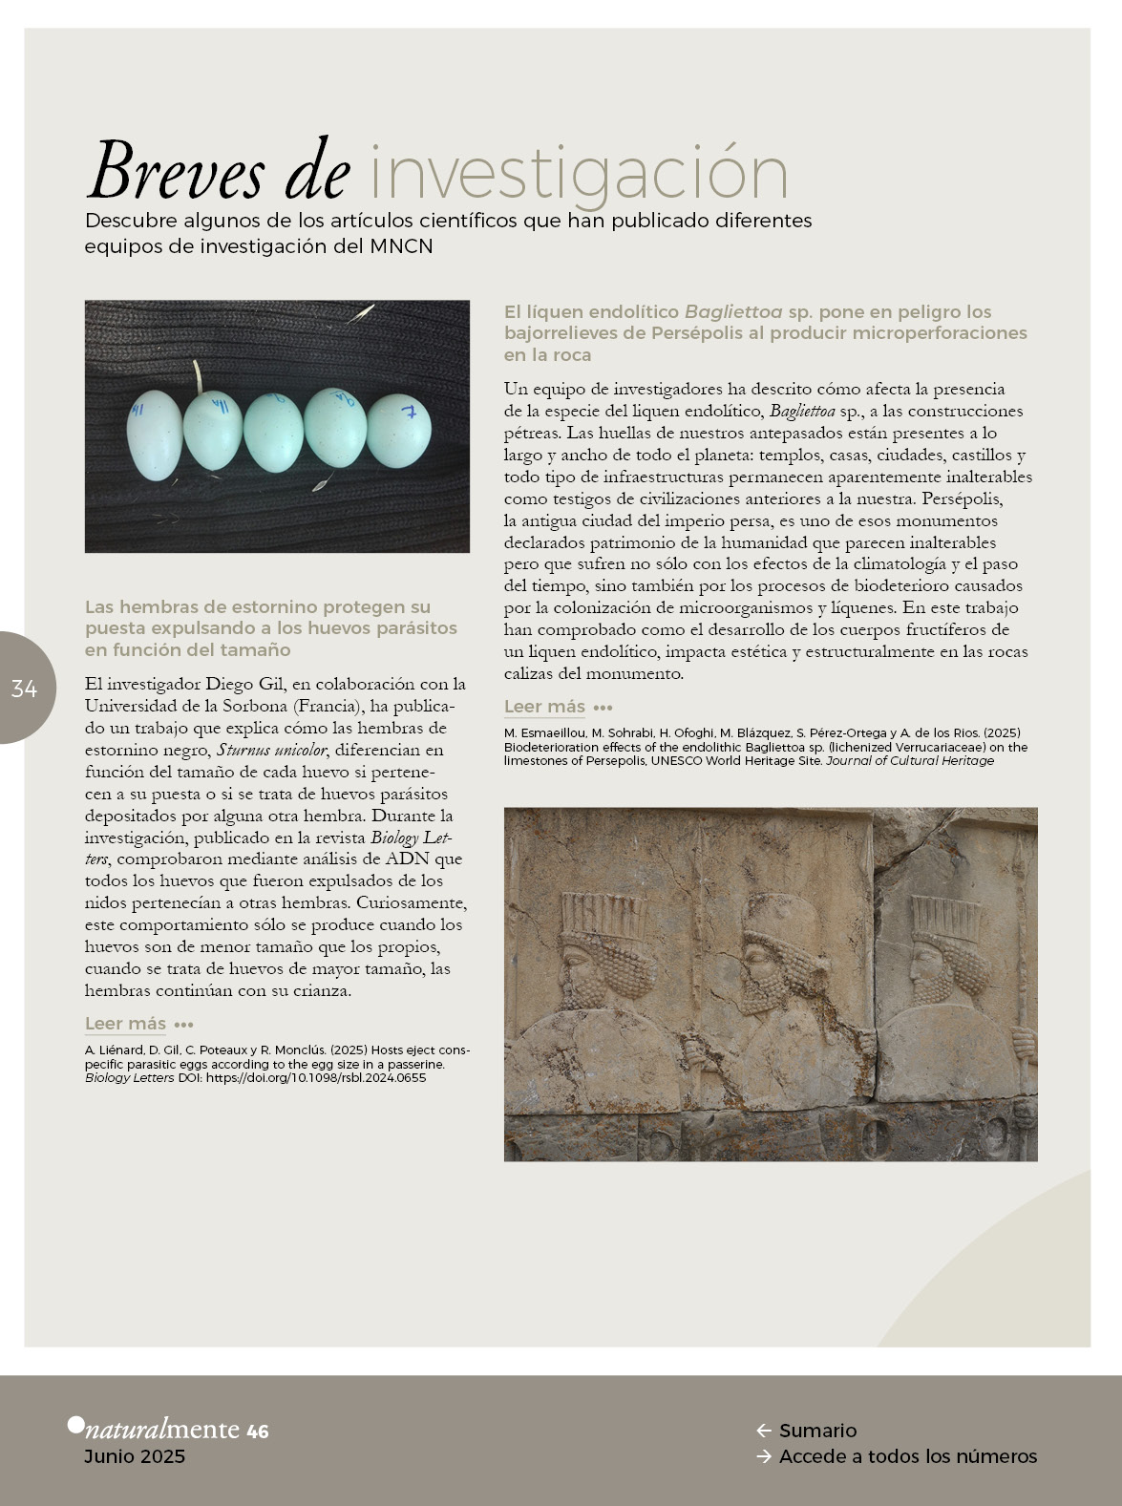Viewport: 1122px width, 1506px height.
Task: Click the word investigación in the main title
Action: tap(579, 174)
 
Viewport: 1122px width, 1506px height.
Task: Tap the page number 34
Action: tap(24, 688)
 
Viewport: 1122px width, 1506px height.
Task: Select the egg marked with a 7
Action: tap(399, 431)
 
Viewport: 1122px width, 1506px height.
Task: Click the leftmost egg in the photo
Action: tap(154, 435)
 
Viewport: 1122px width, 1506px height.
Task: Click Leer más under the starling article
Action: tap(125, 1024)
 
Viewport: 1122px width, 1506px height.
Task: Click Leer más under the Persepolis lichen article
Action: tap(544, 707)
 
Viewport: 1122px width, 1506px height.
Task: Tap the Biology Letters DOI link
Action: tap(316, 1077)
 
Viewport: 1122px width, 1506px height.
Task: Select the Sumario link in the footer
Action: tap(817, 1431)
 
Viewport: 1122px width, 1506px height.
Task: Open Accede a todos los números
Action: tap(907, 1456)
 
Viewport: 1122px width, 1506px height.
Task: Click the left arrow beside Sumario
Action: tap(763, 1431)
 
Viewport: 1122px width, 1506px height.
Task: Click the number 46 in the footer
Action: tap(258, 1432)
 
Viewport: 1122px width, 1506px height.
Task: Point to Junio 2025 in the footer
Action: tap(135, 1456)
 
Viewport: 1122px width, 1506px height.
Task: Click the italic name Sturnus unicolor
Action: tap(271, 751)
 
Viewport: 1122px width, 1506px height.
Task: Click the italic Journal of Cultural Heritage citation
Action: tap(910, 761)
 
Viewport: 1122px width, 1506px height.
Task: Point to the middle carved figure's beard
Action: tap(764, 993)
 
